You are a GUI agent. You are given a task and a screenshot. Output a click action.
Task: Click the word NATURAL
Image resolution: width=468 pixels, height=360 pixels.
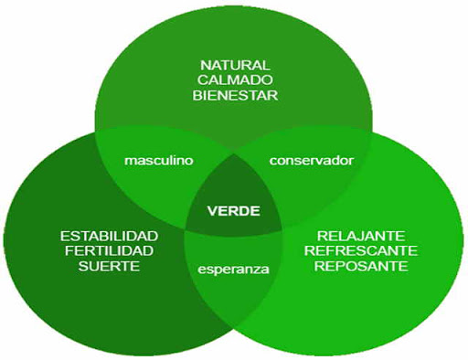236,65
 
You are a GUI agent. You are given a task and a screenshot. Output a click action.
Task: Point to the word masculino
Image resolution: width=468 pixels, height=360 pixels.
159,160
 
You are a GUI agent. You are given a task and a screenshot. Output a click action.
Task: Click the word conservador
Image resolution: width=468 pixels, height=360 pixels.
311,160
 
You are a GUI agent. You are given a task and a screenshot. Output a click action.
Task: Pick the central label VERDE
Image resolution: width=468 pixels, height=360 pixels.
234,211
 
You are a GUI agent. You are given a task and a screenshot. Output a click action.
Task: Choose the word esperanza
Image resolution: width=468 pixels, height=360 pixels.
234,270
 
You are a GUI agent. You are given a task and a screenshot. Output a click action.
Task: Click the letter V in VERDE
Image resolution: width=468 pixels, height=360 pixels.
213,211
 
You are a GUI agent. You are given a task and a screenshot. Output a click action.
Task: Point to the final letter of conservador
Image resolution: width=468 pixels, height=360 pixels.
351,161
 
